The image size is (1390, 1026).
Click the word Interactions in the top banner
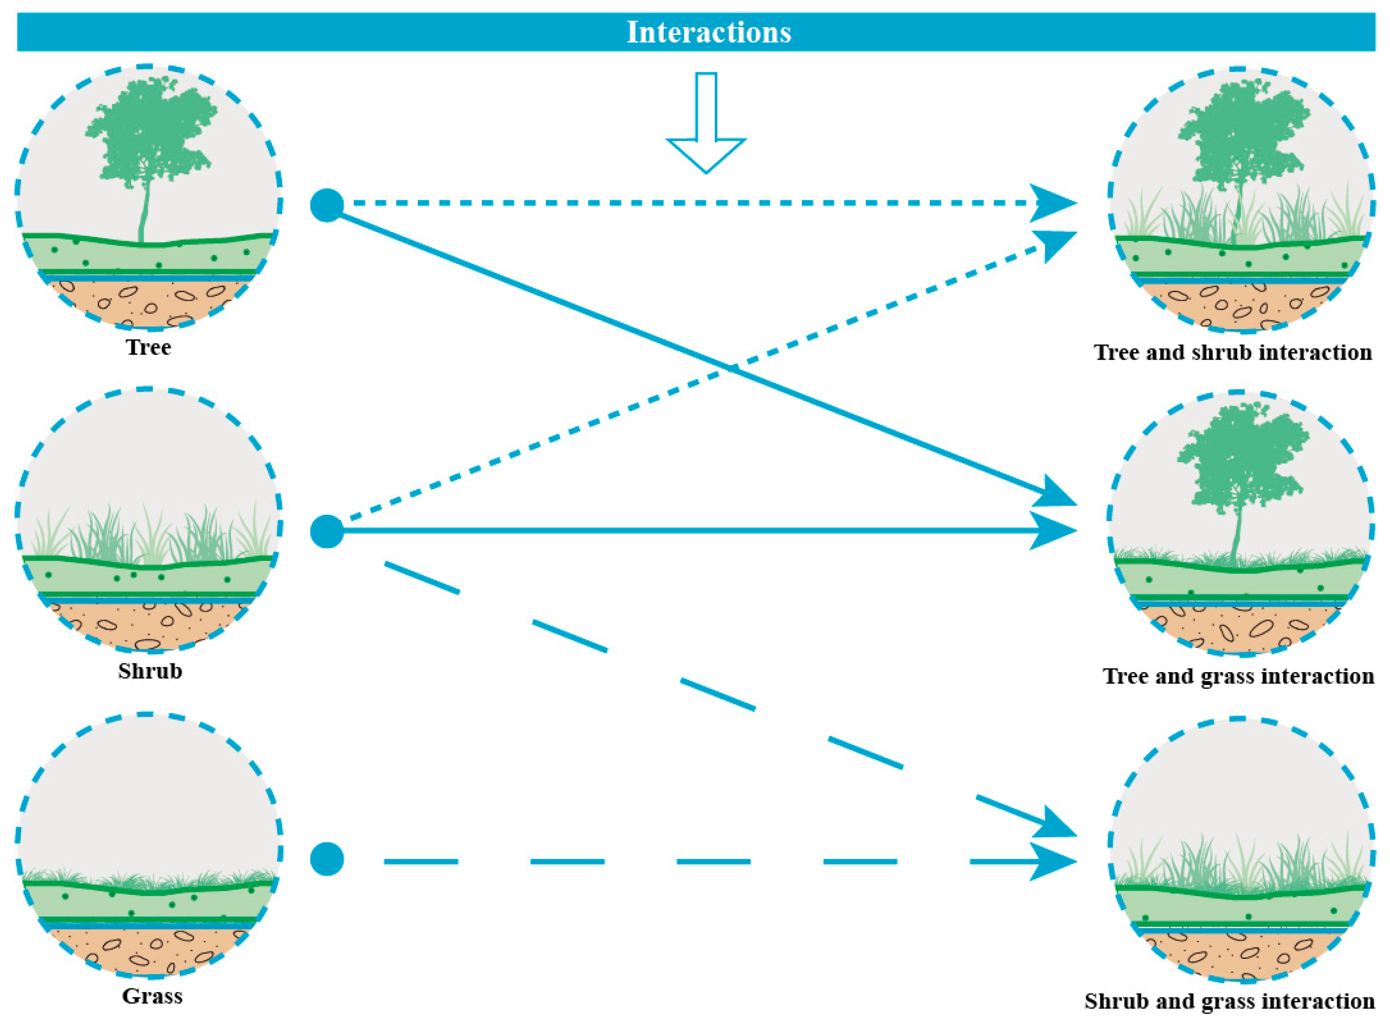tap(708, 32)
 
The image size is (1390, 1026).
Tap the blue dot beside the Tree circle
tap(327, 205)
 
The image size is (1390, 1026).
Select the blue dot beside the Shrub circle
tap(327, 531)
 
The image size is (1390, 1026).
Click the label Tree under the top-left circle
tap(149, 347)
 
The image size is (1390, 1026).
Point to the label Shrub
tap(150, 671)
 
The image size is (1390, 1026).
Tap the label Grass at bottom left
tap(152, 996)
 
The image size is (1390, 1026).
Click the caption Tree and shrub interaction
tap(1233, 352)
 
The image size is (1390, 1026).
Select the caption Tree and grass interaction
tap(1238, 676)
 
